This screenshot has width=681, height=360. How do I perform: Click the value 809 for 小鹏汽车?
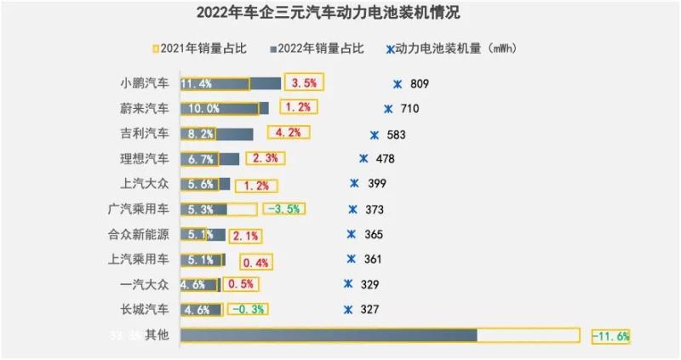point(420,84)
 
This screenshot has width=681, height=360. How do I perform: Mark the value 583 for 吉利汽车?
point(397,134)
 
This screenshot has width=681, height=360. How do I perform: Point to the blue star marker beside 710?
point(389,109)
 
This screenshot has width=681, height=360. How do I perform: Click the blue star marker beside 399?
point(355,183)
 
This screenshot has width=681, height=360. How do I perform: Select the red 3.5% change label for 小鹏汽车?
point(304,83)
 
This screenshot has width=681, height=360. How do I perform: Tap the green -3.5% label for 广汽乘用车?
point(283,209)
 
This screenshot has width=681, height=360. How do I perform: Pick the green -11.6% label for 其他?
point(610,336)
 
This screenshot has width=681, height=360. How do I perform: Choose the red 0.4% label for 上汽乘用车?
point(255,260)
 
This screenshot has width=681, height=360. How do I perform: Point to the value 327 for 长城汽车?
point(370,310)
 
